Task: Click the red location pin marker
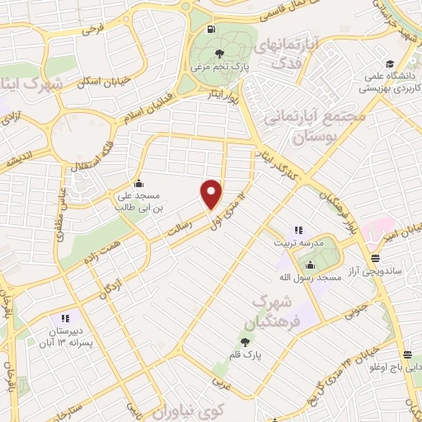click(212, 193)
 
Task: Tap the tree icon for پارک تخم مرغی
click(218, 54)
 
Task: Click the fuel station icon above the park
click(212, 30)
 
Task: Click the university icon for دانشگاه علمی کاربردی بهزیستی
click(388, 63)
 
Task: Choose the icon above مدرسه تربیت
click(298, 230)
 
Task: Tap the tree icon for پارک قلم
click(245, 341)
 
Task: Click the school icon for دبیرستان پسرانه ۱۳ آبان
click(64, 318)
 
